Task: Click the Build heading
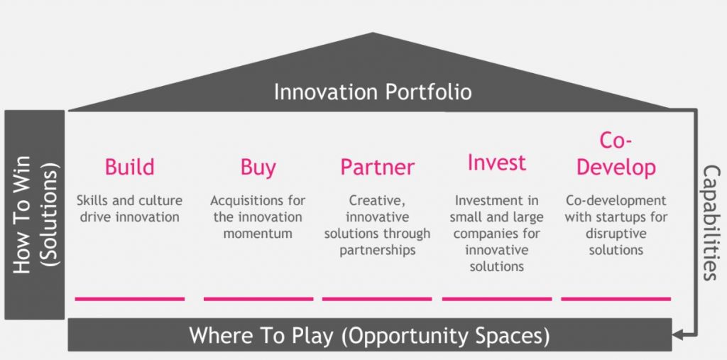tap(129, 167)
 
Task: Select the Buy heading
tap(258, 167)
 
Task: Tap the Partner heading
tap(377, 168)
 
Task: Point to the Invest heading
tap(496, 163)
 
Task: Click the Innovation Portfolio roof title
tap(373, 92)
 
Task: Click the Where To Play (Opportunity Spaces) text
tap(369, 335)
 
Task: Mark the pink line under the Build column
tap(129, 299)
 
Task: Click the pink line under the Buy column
tap(258, 299)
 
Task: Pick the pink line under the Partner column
tap(377, 299)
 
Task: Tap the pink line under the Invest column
tap(496, 299)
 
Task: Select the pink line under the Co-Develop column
tap(616, 299)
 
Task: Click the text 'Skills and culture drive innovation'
tap(129, 208)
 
